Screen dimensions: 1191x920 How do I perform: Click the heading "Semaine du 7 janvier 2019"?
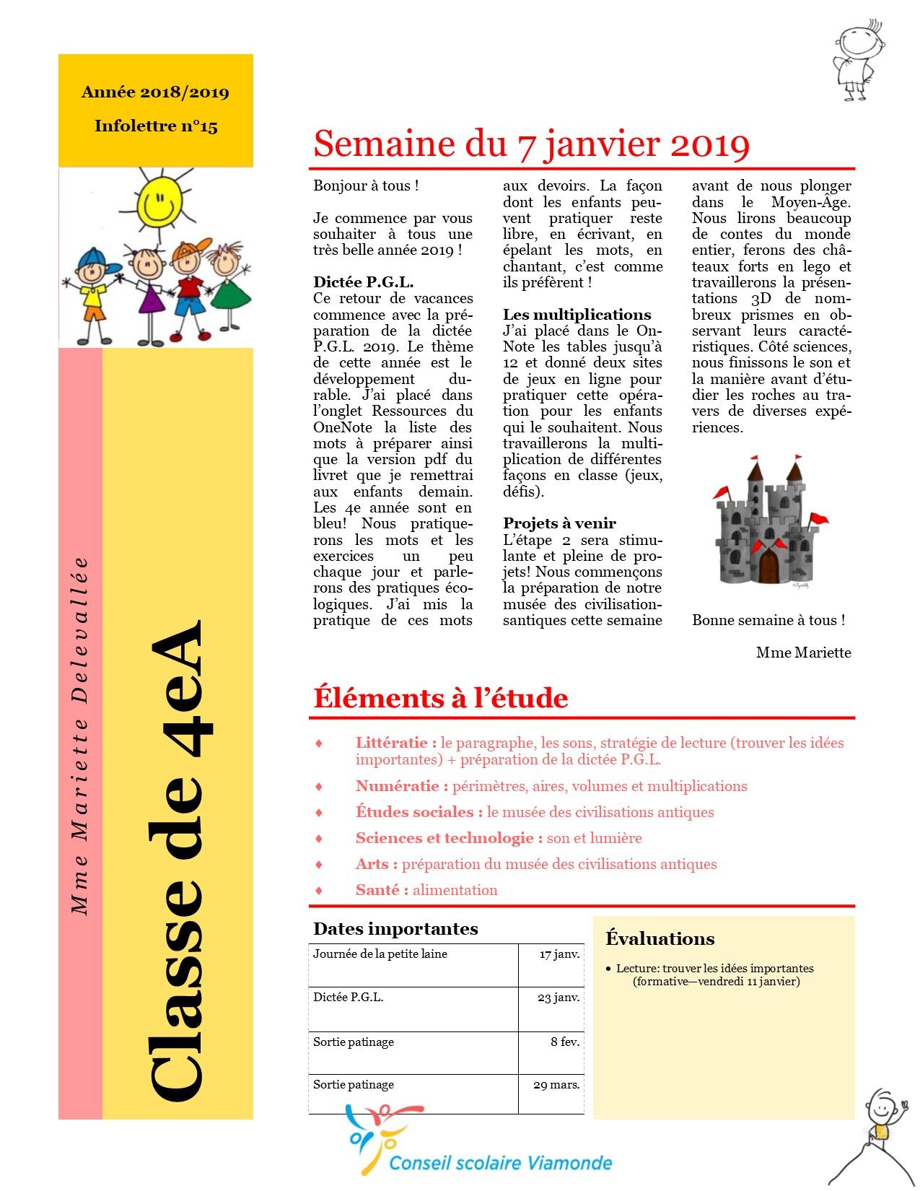(x=531, y=144)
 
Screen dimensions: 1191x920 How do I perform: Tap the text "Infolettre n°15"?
(x=156, y=126)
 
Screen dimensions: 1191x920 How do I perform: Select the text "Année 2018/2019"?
(x=155, y=92)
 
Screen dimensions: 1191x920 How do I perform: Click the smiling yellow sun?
(x=159, y=202)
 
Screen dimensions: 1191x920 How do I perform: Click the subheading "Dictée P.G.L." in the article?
(x=363, y=282)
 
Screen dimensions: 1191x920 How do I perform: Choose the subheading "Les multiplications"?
(x=577, y=315)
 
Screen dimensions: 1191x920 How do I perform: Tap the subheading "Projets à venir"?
(x=559, y=523)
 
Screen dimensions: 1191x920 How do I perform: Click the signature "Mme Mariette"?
(x=803, y=653)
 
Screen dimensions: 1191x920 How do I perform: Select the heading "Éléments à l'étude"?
(x=440, y=698)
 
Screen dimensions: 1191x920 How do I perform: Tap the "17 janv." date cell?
(x=559, y=954)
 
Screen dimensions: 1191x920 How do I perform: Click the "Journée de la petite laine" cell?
(x=380, y=954)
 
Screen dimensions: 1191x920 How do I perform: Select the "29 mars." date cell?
(x=556, y=1085)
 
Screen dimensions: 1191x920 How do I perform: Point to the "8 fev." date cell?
(x=565, y=1042)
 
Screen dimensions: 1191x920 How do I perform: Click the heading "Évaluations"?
(x=660, y=938)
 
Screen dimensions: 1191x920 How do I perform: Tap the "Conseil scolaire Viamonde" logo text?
(x=500, y=1163)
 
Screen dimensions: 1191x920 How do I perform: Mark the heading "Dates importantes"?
(x=395, y=929)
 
